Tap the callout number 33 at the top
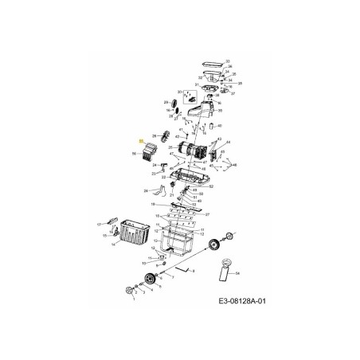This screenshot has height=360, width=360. [x=228, y=61]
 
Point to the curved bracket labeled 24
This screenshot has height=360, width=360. [x=164, y=190]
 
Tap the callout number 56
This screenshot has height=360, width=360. [x=133, y=153]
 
